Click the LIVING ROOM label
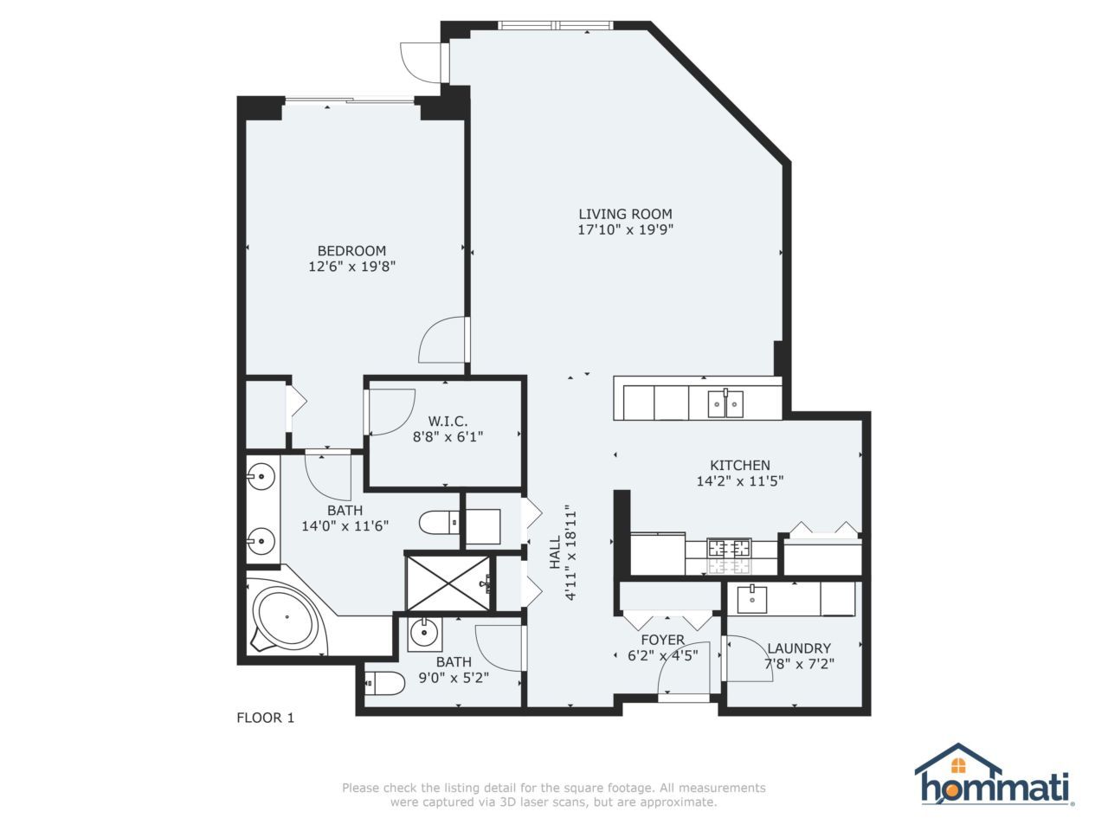click(625, 214)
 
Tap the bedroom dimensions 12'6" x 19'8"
click(351, 266)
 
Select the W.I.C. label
click(448, 421)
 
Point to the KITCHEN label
click(740, 465)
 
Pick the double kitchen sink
click(725, 403)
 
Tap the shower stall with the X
click(448, 583)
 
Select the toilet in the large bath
click(439, 523)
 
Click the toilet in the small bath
click(384, 683)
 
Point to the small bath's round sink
click(423, 631)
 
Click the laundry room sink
click(752, 599)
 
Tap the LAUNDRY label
click(799, 648)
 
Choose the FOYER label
click(663, 640)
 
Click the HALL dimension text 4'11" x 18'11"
click(571, 552)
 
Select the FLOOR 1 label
click(266, 718)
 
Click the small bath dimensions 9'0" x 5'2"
click(454, 677)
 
